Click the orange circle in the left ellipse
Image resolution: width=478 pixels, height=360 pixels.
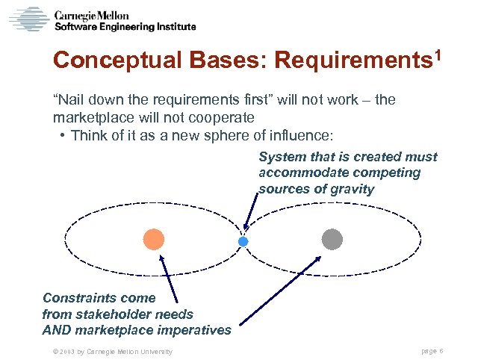pos(153,239)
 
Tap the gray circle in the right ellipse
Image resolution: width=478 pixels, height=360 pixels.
pos(332,239)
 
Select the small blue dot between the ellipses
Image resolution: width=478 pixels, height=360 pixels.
pos(242,242)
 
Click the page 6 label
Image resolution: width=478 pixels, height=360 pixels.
pos(433,351)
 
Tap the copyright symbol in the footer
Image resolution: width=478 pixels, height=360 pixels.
pos(46,352)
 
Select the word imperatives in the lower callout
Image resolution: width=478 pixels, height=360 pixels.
pos(194,329)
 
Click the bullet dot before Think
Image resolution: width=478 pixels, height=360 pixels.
pos(60,136)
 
